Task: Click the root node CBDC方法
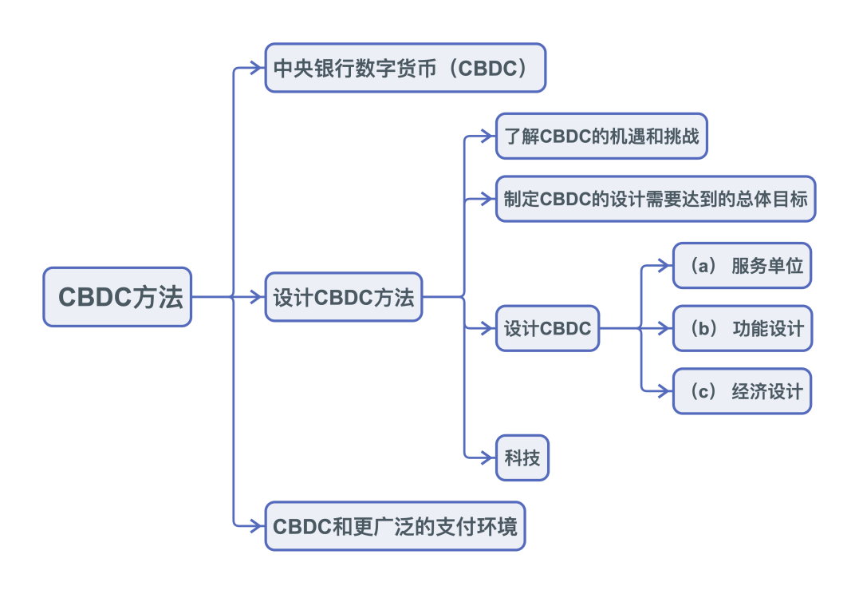click(x=117, y=297)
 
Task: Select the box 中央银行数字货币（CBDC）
click(x=405, y=68)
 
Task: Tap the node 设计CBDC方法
click(x=343, y=298)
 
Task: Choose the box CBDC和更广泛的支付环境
click(x=395, y=526)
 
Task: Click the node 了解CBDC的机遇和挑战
click(x=601, y=136)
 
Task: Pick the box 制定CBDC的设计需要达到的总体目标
click(x=656, y=199)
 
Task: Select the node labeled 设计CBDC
click(x=547, y=327)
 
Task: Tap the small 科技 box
click(x=522, y=457)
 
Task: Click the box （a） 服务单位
click(x=742, y=265)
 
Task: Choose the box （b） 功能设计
click(x=742, y=327)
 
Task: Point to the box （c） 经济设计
click(x=742, y=390)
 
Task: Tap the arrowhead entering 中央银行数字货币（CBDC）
click(x=259, y=68)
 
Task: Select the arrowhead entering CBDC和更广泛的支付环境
click(x=259, y=526)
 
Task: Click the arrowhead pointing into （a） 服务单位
click(x=668, y=265)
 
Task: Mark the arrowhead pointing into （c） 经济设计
click(x=668, y=390)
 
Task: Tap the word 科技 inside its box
click(x=522, y=457)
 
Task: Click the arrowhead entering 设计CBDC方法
click(x=259, y=298)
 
